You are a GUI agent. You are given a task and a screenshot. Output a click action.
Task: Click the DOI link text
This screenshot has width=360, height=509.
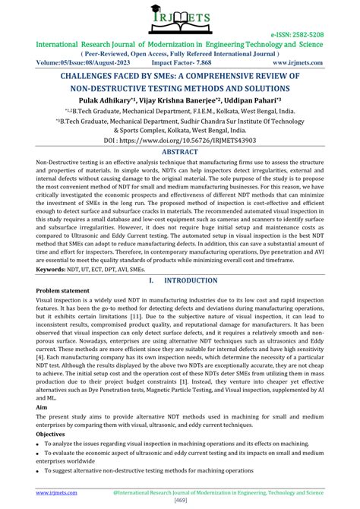pos(180,141)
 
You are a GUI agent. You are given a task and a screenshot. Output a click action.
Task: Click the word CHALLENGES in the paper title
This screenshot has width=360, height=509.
pos(93,77)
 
